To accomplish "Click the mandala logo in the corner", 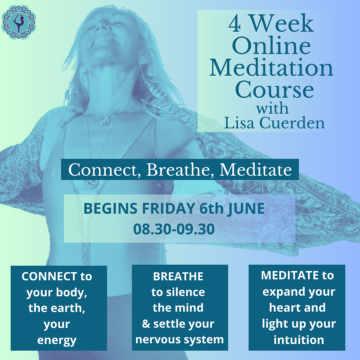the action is click(19, 22).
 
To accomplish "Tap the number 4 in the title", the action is click(235, 24).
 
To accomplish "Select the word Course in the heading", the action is click(274, 89).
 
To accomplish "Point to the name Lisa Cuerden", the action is click(274, 123).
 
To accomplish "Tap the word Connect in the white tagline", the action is click(104, 170).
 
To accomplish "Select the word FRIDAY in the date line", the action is click(168, 208).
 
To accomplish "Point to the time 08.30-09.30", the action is click(174, 229).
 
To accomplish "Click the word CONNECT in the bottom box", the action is click(49, 276).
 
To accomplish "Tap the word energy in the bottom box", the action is click(57, 341).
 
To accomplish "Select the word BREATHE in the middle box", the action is click(178, 276).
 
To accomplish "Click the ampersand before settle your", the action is click(146, 324).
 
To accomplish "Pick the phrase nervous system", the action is click(180, 340).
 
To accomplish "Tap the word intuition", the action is click(299, 340).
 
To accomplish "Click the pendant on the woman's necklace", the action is click(105, 120).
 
